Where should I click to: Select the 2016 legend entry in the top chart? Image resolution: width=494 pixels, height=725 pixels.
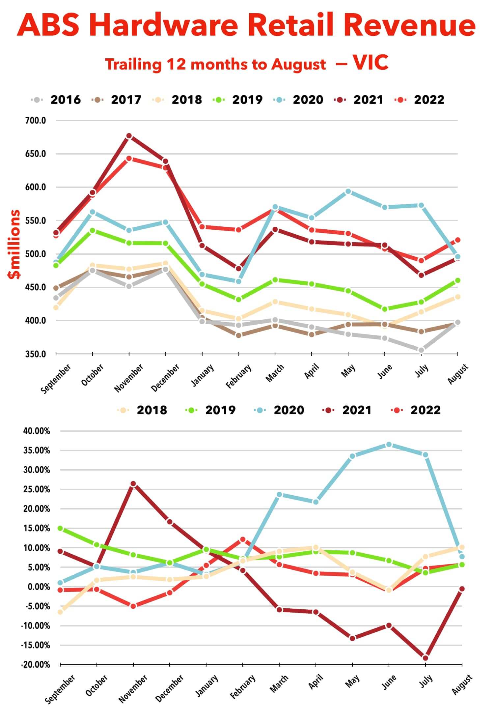(65, 100)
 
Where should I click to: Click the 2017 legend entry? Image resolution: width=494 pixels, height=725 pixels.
(126, 100)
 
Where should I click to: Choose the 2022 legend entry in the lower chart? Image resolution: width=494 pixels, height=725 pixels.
(425, 410)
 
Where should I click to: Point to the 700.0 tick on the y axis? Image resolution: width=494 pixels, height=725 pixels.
(36, 121)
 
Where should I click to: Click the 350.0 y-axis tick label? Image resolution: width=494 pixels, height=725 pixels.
(36, 354)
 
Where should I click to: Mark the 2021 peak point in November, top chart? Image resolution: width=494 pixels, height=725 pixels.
(129, 136)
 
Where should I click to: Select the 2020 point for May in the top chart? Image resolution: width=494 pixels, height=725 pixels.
(348, 191)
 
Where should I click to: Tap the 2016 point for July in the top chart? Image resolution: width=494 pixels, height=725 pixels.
(421, 350)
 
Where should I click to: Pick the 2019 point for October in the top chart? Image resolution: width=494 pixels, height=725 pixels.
(93, 230)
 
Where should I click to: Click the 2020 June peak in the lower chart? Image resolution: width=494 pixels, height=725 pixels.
(389, 445)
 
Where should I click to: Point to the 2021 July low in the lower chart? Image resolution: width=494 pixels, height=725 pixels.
(425, 658)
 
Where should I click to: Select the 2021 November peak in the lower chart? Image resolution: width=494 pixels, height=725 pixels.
(133, 484)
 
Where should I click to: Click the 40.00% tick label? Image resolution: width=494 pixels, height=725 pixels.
(37, 431)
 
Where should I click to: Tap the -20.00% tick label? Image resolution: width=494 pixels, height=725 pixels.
(36, 665)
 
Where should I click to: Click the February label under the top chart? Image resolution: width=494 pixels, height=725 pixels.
(239, 376)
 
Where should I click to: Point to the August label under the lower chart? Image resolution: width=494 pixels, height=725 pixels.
(462, 685)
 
